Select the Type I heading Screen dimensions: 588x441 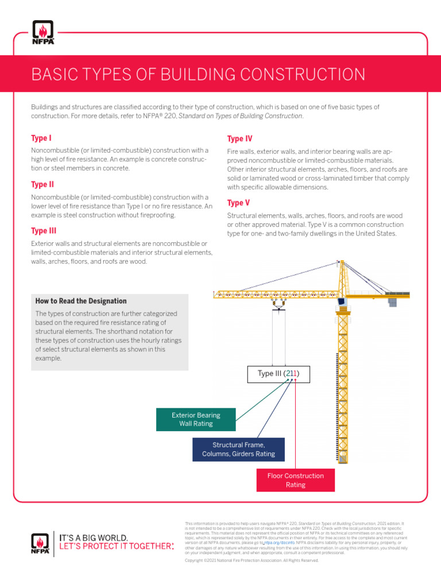click(41, 138)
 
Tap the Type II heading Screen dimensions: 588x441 click(42, 185)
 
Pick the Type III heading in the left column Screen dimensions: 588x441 click(44, 231)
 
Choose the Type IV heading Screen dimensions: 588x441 click(239, 139)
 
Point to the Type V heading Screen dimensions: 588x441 click(238, 203)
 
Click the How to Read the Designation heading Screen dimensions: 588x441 click(81, 301)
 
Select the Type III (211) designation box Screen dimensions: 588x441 click(279, 374)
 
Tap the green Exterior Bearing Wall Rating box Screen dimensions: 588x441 click(196, 419)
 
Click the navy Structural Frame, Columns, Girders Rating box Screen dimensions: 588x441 click(238, 450)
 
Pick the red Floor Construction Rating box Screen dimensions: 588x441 click(296, 480)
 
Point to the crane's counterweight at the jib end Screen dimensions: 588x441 click(394, 300)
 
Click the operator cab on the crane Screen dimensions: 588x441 click(341, 302)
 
